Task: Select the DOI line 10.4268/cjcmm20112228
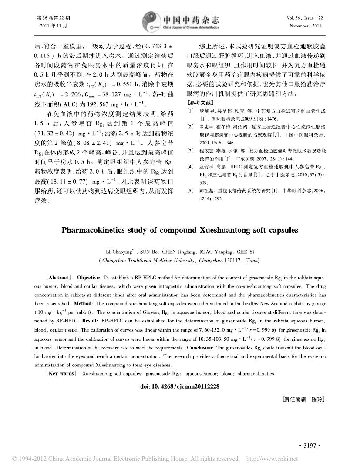tap(180, 386)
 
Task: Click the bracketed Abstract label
tap(58, 278)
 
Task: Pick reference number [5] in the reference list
tap(190, 191)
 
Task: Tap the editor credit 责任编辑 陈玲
tap(303, 399)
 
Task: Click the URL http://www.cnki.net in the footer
tap(272, 459)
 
